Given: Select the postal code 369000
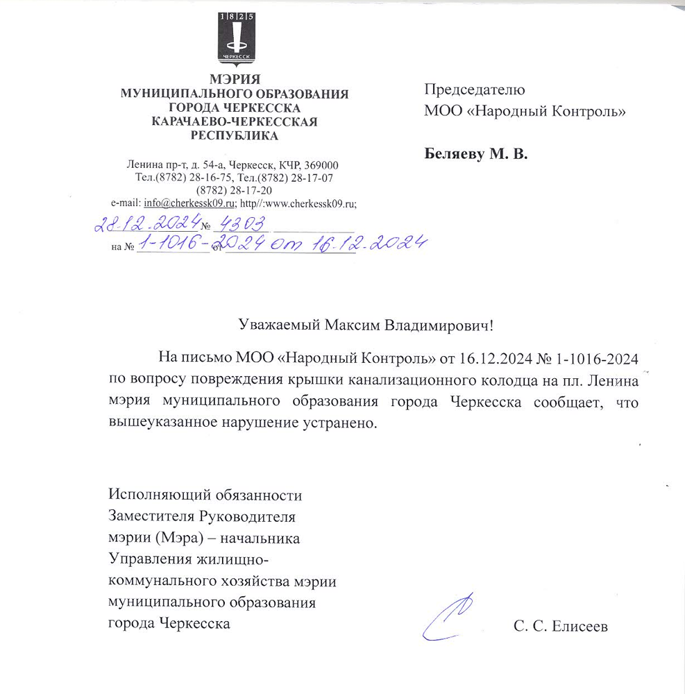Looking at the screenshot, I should (x=321, y=165).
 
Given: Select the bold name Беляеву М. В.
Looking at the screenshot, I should (x=475, y=154).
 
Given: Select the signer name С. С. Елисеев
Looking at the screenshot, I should (x=560, y=627).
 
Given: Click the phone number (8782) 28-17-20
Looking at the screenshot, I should (x=235, y=190).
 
